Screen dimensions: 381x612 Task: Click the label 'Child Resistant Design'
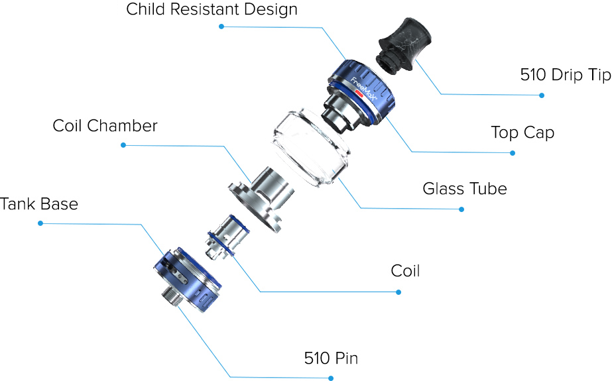pos(212,10)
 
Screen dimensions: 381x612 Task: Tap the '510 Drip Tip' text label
pos(565,74)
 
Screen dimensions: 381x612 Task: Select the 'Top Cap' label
pos(522,132)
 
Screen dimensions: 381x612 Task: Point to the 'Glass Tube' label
pos(464,189)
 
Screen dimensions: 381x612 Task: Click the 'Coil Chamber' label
pos(105,126)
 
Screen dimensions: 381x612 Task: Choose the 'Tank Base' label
pos(39,203)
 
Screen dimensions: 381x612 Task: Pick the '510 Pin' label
pos(331,359)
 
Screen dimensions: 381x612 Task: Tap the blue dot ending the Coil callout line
pos(398,292)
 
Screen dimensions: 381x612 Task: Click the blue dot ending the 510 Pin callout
pos(331,378)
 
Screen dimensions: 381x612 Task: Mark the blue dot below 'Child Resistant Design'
pos(221,27)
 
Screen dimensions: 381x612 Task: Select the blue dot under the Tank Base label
pos(40,223)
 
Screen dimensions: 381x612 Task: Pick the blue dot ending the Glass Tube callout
pos(461,209)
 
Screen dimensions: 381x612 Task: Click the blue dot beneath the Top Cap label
pos(513,153)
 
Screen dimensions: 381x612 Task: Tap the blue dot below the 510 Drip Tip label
pos(542,95)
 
